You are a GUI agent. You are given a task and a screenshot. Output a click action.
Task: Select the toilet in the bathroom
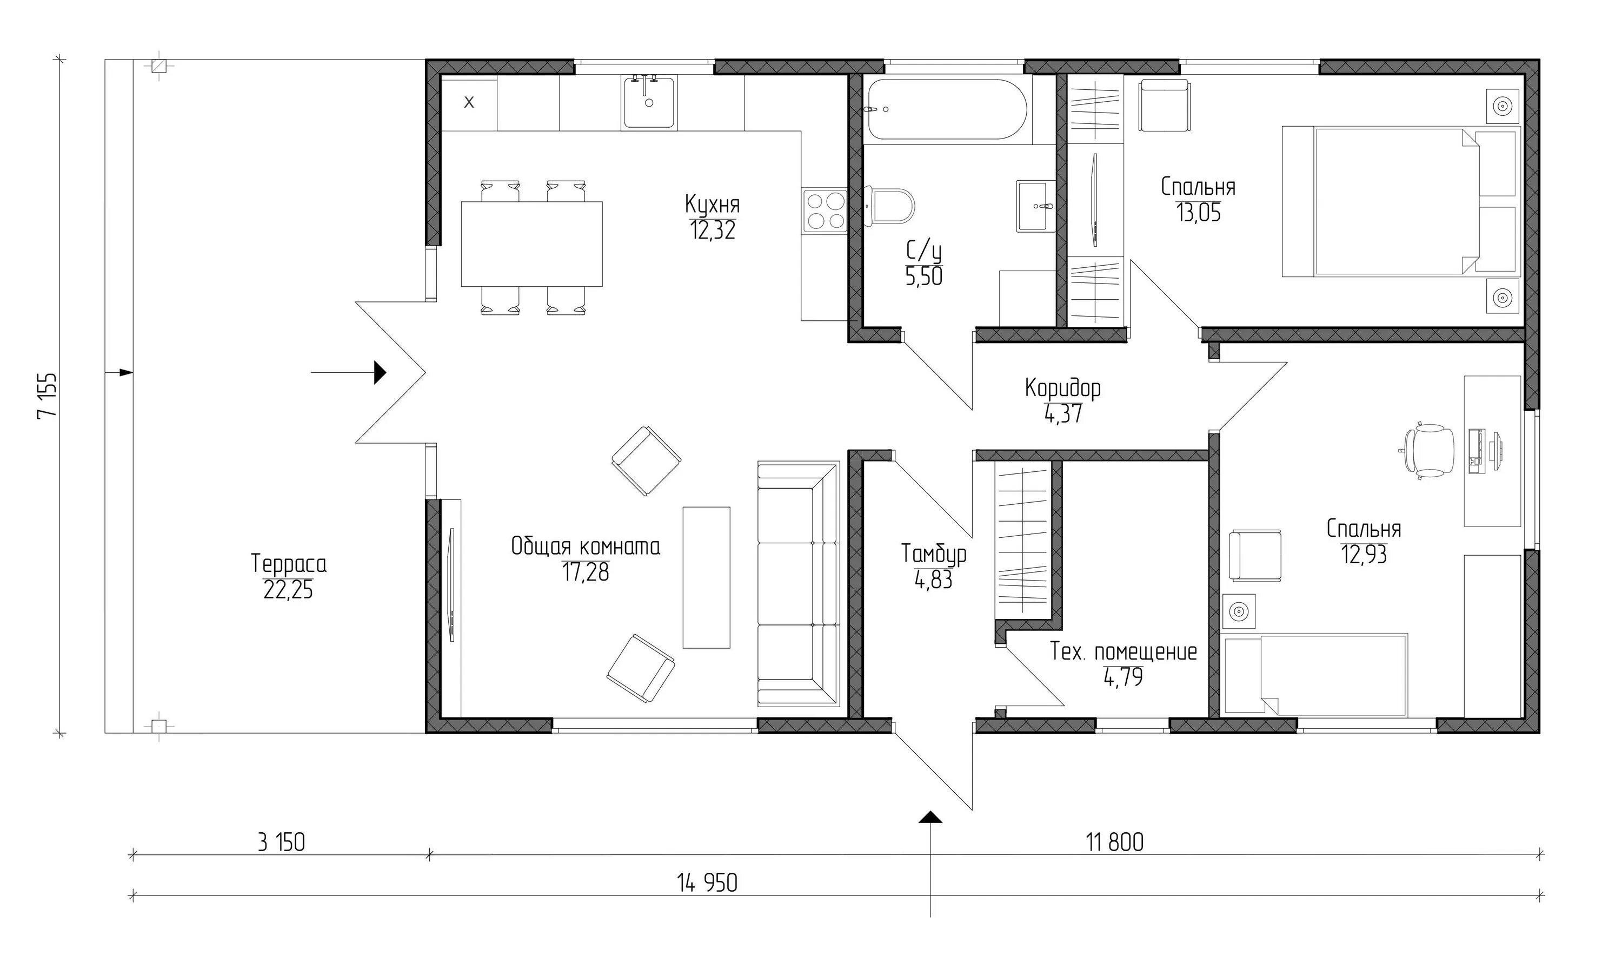point(890,206)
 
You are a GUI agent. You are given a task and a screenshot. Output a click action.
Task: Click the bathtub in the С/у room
point(947,109)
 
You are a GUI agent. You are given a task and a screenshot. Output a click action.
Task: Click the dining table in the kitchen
point(531,243)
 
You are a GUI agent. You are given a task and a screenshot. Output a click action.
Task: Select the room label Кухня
point(712,204)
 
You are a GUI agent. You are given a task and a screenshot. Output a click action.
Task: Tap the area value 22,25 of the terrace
point(288,590)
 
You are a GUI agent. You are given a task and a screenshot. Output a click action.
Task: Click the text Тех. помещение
point(1123,651)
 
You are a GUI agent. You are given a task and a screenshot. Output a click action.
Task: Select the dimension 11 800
point(1115,842)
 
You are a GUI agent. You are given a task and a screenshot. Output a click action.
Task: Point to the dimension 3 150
point(281,842)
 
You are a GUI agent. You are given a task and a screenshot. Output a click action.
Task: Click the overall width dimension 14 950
point(707,883)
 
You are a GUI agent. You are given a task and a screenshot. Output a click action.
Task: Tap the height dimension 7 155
point(47,395)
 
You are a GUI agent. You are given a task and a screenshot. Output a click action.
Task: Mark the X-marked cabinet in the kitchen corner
point(469,102)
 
